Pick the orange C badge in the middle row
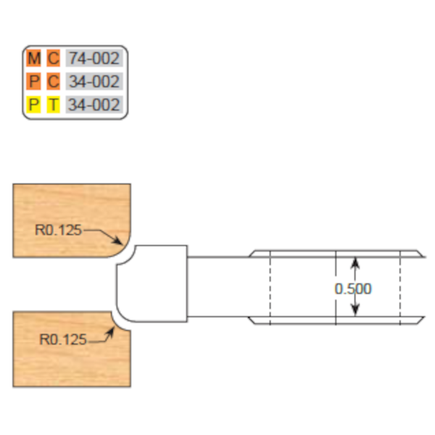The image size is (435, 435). click(53, 82)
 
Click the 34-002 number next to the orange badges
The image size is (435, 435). click(93, 82)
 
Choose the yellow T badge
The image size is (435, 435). click(53, 105)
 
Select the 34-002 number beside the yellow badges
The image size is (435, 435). click(93, 105)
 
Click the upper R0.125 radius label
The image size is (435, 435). click(59, 230)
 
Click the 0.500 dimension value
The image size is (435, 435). click(353, 289)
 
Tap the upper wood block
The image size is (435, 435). click(69, 210)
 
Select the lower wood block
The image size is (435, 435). click(69, 355)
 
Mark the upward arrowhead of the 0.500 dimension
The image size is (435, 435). click(355, 260)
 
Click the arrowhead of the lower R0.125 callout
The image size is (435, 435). click(111, 328)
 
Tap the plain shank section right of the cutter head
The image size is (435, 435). click(217, 288)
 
